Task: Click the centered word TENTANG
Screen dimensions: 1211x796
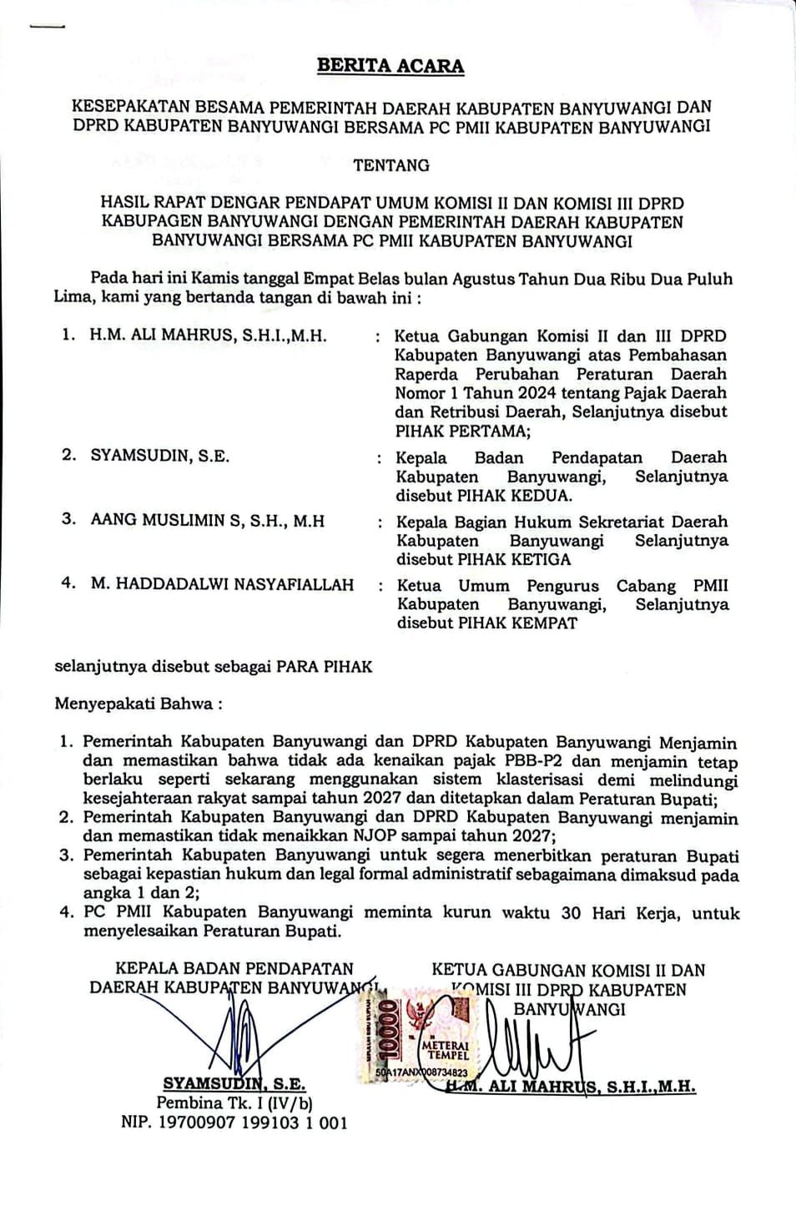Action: pyautogui.click(x=391, y=165)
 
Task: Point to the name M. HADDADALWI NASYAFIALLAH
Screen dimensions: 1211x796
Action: pyautogui.click(x=222, y=584)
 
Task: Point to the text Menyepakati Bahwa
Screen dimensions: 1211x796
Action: pyautogui.click(x=138, y=704)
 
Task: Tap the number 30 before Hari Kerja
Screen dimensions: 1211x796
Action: pyautogui.click(x=571, y=912)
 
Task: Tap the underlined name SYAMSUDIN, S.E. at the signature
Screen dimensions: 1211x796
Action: pyautogui.click(x=234, y=1084)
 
